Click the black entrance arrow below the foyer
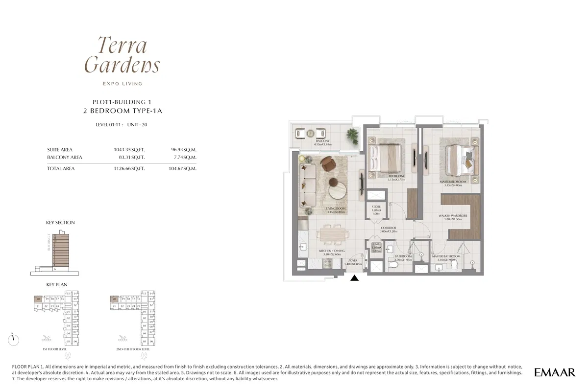pyautogui.click(x=355, y=278)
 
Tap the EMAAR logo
pyautogui.click(x=555, y=373)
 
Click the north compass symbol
pyautogui.click(x=14, y=339)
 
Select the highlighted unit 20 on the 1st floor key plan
pyautogui.click(x=38, y=299)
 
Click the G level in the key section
pyautogui.click(x=54, y=269)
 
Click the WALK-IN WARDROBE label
pyautogui.click(x=452, y=216)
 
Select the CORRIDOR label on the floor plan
pyautogui.click(x=388, y=228)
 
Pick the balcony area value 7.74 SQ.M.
pyautogui.click(x=184, y=157)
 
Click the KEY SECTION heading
pyautogui.click(x=60, y=223)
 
